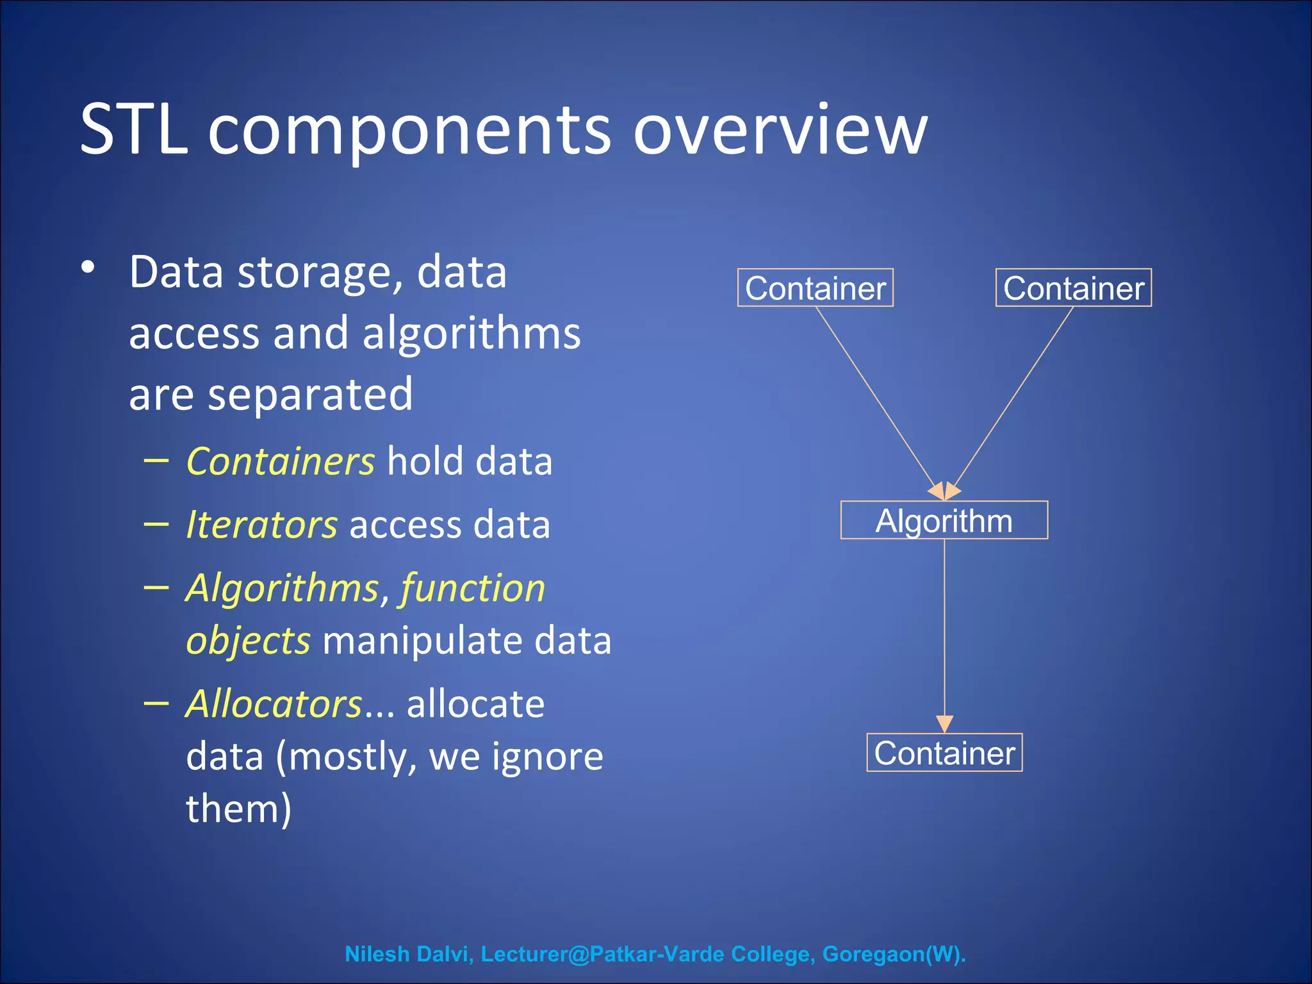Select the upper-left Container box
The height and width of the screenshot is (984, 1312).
pos(815,288)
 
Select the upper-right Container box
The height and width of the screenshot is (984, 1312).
pos(1073,288)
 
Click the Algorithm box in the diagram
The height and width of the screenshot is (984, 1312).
pos(944,520)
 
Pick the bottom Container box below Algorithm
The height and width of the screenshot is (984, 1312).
pos(944,753)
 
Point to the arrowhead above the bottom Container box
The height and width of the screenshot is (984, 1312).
pos(944,724)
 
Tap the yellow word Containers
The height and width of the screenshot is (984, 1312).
pos(280,462)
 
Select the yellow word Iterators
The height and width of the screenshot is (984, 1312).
pos(261,525)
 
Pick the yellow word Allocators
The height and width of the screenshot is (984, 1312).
pos(274,704)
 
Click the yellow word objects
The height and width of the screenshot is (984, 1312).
pos(248,641)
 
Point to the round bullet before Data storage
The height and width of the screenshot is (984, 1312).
pos(88,268)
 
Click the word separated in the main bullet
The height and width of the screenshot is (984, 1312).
pos(310,395)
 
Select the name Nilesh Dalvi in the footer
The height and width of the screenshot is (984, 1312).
pos(408,954)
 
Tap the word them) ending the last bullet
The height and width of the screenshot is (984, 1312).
pos(238,808)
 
